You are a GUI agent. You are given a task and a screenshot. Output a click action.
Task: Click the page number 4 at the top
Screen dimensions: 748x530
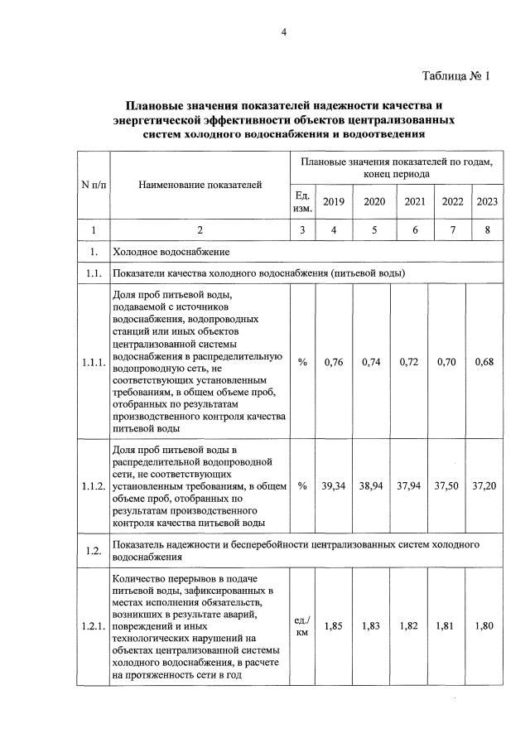[283, 32]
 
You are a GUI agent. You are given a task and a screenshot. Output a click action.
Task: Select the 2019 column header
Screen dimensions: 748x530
[333, 200]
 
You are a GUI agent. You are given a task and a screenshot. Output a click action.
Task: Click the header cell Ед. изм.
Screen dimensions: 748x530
[302, 200]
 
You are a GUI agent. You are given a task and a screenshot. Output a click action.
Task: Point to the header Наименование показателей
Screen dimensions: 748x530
[200, 184]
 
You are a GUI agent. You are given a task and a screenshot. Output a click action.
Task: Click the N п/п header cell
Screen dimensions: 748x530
[94, 184]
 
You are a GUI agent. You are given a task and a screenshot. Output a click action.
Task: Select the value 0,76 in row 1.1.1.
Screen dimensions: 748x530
[333, 361]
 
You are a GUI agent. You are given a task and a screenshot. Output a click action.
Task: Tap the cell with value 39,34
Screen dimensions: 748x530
[333, 485]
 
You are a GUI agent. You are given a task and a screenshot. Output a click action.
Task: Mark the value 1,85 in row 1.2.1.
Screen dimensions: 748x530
[333, 626]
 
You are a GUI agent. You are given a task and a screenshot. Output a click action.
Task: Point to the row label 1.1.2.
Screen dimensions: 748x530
[94, 486]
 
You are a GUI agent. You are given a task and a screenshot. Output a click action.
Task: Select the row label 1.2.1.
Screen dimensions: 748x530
[94, 626]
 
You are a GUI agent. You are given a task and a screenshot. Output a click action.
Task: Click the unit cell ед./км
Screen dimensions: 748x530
[302, 626]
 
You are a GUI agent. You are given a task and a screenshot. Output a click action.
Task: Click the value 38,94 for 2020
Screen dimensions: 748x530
[374, 485]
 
